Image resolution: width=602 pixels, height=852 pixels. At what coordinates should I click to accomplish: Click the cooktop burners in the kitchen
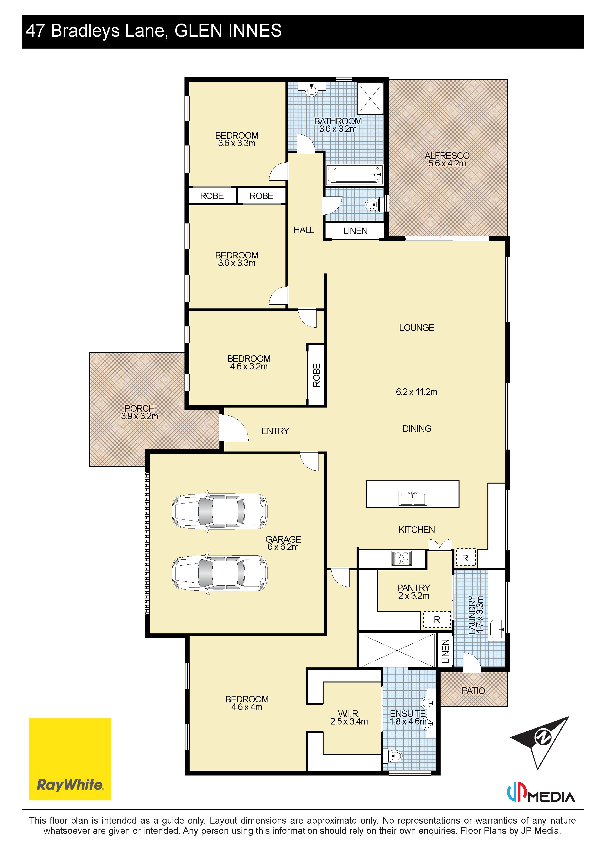click(x=401, y=558)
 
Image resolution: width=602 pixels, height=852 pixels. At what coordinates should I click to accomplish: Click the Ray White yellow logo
click(x=70, y=759)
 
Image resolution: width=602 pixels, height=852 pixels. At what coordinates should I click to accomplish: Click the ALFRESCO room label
click(x=447, y=155)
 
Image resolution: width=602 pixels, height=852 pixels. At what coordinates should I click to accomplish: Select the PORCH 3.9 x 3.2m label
click(x=140, y=412)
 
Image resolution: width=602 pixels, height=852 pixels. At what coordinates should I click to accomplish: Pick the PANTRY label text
click(x=413, y=588)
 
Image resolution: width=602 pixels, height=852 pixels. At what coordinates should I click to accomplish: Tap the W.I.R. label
click(x=349, y=714)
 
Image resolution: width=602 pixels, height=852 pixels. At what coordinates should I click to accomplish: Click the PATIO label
click(x=473, y=690)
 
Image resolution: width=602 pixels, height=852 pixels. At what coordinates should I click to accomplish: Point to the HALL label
click(x=304, y=230)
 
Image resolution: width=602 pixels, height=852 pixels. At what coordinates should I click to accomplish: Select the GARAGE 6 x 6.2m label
click(x=283, y=543)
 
